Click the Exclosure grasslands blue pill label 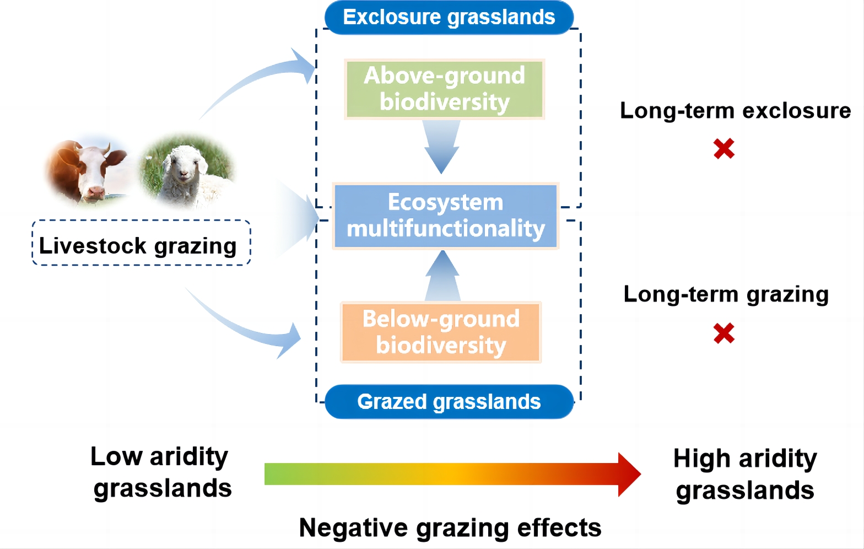449,17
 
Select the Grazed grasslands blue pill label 449,402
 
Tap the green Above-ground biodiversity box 444,89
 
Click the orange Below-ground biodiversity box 441,332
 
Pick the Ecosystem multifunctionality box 445,216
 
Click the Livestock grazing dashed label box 141,243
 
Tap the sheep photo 186,170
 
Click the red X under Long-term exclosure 724,149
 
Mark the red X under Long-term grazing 724,333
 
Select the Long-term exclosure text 735,111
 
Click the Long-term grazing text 726,295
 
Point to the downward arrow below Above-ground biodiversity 441,147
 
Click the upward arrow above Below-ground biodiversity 443,276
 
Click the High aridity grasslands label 745,475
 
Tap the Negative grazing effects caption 450,528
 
